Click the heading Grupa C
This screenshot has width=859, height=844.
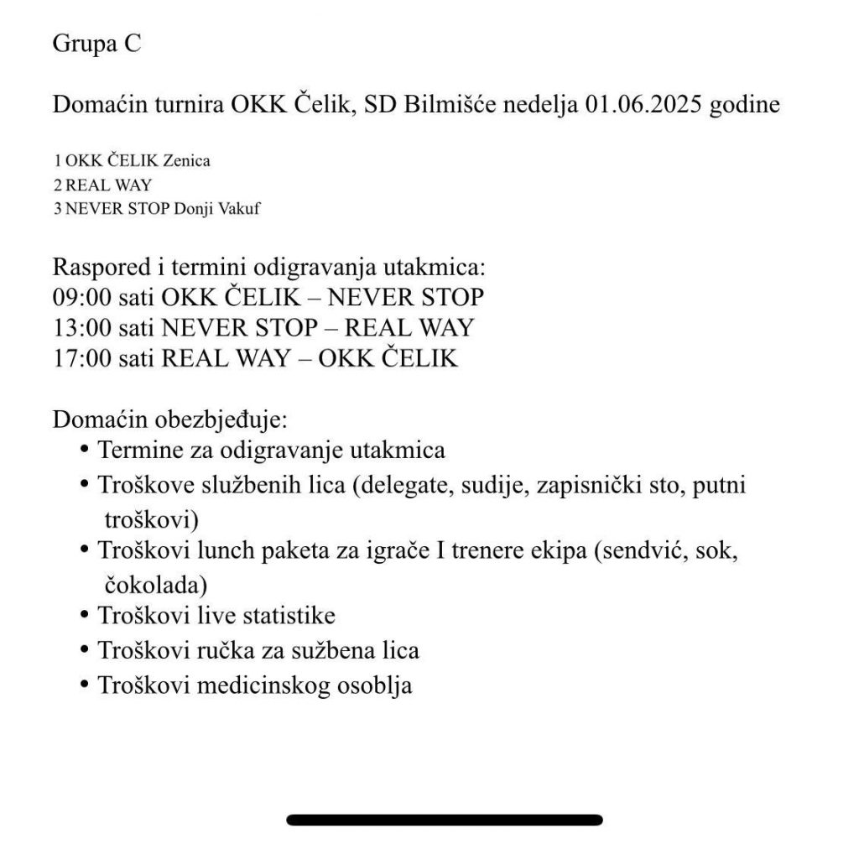(96, 44)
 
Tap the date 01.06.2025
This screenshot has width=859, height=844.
(642, 106)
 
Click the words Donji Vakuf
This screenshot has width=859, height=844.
(216, 210)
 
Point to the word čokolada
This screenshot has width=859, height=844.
(156, 583)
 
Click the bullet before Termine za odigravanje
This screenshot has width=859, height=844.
(84, 451)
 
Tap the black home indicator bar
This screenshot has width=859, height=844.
(445, 820)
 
